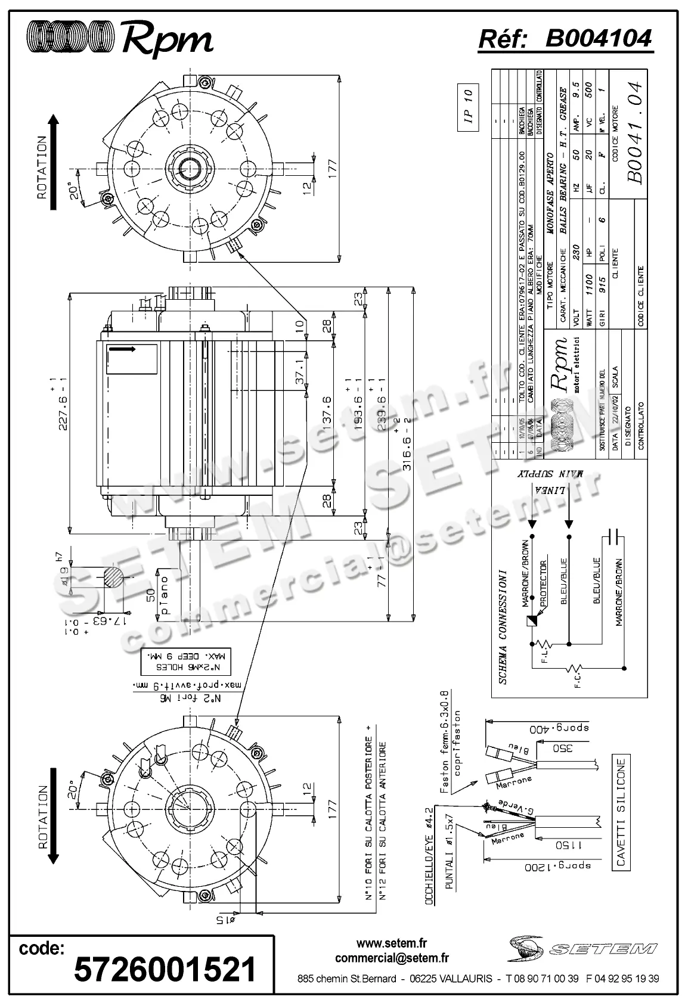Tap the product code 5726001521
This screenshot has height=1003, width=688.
tap(165, 969)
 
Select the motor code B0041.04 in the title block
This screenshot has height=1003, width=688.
tap(636, 133)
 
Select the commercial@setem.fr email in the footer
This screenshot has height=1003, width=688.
tap(392, 958)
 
